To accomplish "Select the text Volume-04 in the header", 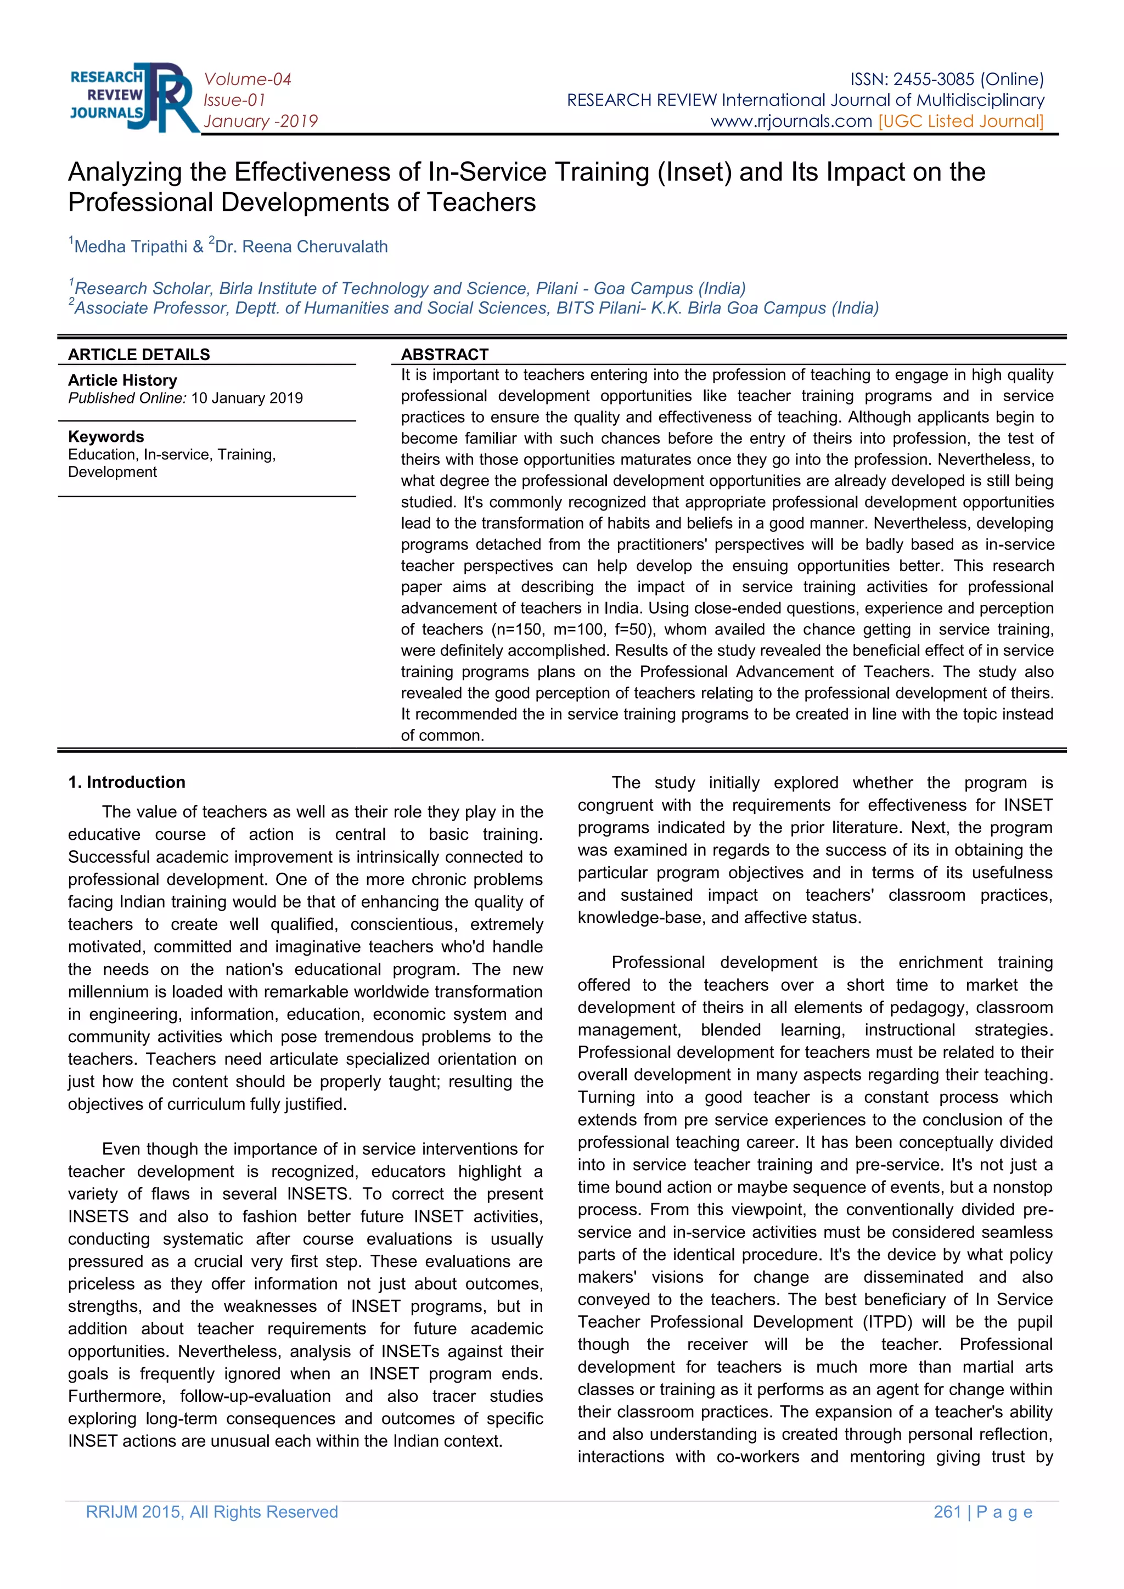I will click(247, 80).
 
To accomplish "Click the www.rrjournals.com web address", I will click(790, 121).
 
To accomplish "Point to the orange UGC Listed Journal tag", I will click(960, 121).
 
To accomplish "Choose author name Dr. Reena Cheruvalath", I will click(301, 247).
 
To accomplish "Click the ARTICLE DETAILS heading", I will click(138, 355).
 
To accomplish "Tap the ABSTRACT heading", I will click(445, 355).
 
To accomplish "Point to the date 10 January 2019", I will click(247, 398).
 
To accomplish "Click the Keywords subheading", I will click(106, 437).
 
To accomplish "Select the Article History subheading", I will click(122, 380).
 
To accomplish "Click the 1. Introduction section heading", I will click(127, 782).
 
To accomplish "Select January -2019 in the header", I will click(260, 122).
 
